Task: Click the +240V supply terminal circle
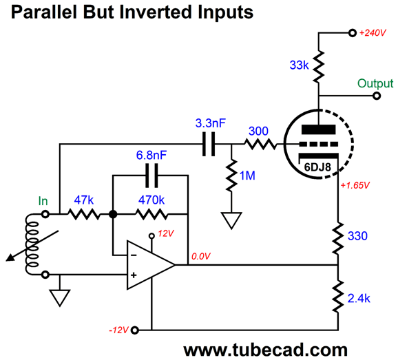tap(353, 33)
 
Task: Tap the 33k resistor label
tap(299, 65)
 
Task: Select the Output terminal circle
tap(377, 96)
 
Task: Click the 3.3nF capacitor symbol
tap(209, 144)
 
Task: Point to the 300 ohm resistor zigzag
tap(260, 144)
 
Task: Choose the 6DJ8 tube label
tap(317, 167)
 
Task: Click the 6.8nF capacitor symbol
tap(151, 176)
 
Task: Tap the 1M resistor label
tap(247, 176)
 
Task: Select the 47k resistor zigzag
tap(84, 214)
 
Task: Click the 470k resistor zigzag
tap(151, 214)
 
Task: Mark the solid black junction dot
tap(113, 214)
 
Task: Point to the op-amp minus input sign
tap(134, 255)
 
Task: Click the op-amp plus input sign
tap(134, 275)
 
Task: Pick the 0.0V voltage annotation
tap(201, 256)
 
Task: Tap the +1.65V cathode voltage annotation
tap(355, 185)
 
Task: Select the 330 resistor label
tap(357, 236)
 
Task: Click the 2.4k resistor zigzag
tap(338, 296)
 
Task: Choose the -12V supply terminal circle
tap(135, 330)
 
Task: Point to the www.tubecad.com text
tap(266, 350)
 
